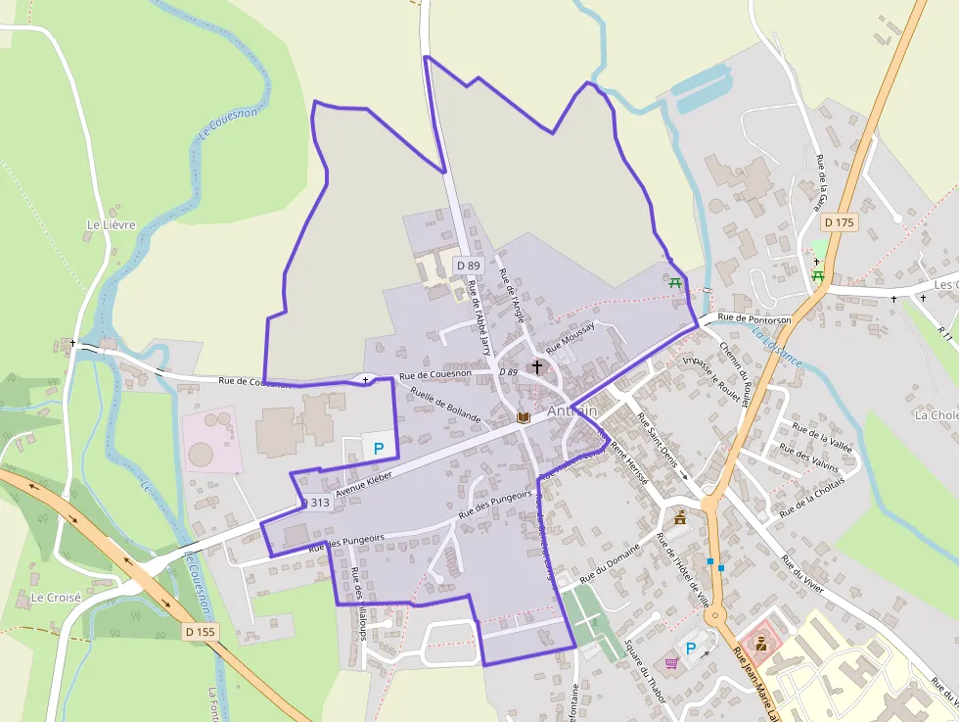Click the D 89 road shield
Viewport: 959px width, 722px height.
point(469,265)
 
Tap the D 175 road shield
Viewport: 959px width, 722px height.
point(839,222)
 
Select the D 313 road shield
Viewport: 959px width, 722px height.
point(315,503)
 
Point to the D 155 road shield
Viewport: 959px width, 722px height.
point(200,632)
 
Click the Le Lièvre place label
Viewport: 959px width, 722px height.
point(111,224)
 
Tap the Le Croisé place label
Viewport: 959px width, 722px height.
point(56,597)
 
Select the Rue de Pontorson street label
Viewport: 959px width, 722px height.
point(753,319)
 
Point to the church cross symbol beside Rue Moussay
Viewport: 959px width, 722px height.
point(536,367)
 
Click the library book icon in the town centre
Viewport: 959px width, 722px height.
point(524,417)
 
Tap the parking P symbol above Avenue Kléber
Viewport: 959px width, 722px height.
point(379,447)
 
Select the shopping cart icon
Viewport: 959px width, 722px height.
point(671,663)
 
